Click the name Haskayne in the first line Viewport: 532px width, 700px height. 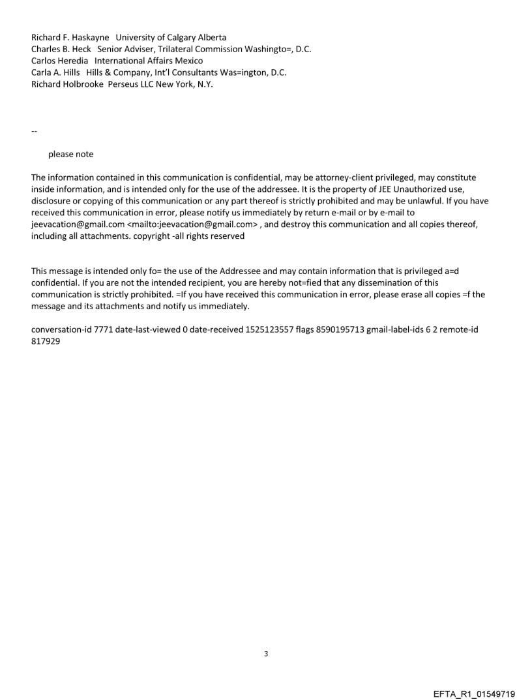87,37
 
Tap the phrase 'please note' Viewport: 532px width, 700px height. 70,155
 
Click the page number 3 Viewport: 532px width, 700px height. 265,654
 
